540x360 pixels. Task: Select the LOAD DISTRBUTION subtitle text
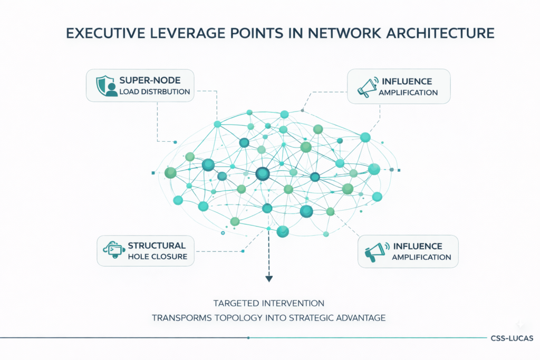(x=154, y=92)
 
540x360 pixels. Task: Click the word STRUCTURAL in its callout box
(x=157, y=246)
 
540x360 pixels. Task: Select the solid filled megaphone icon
(x=375, y=251)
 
